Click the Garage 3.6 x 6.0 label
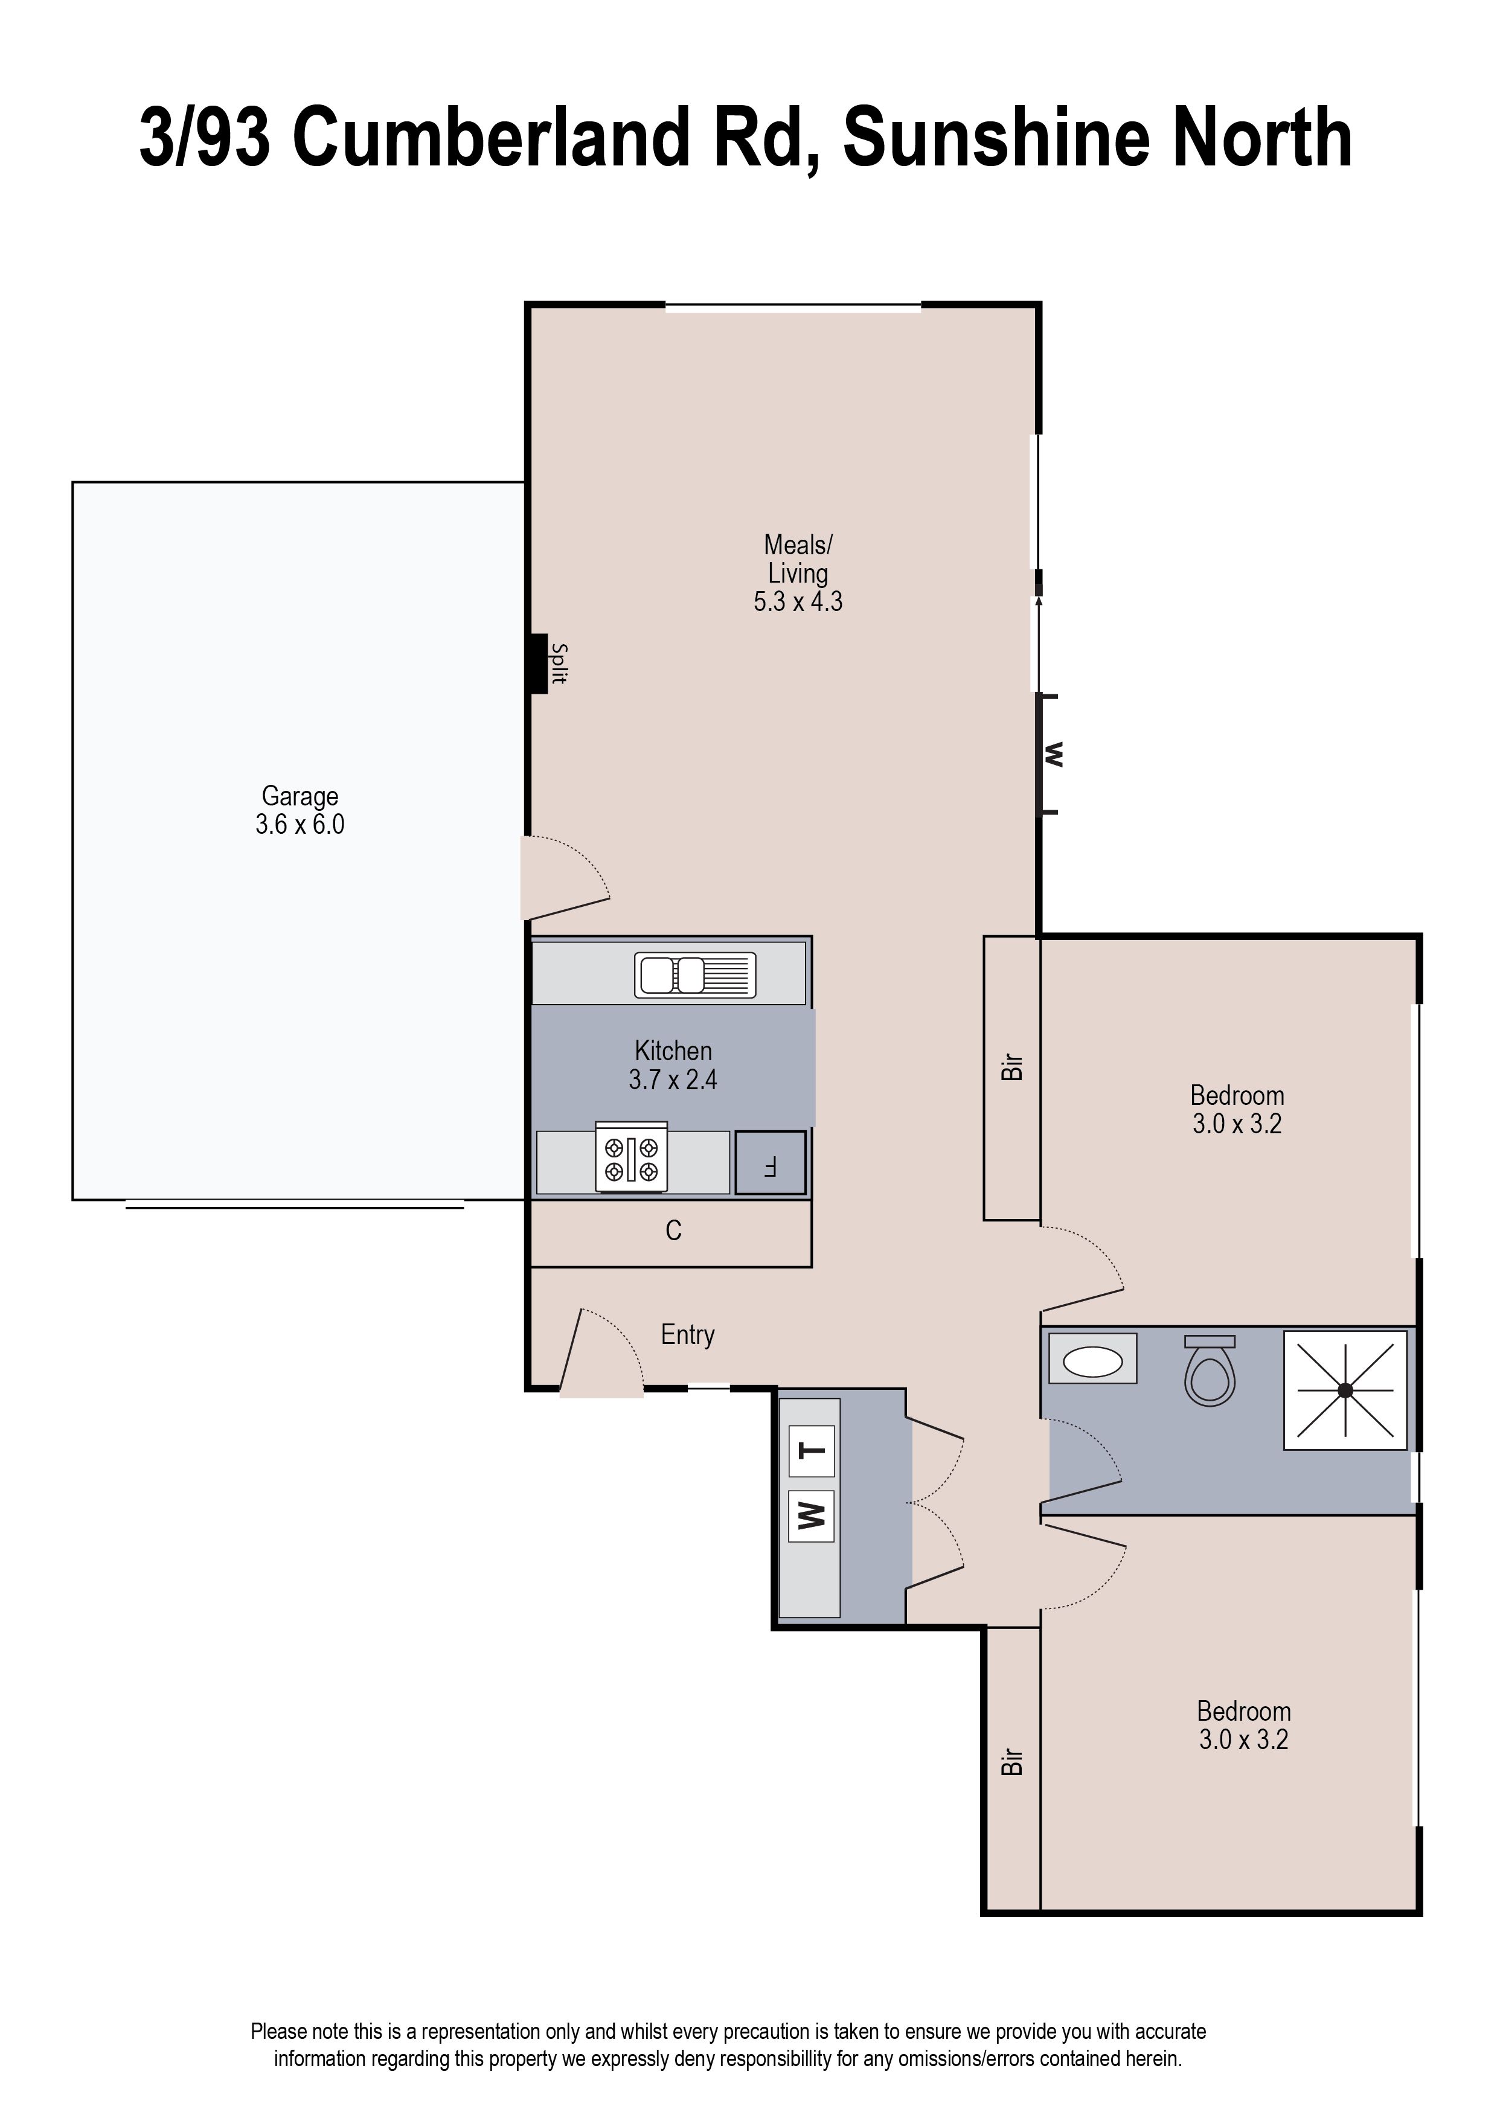pyautogui.click(x=300, y=810)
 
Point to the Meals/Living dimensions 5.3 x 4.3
pyautogui.click(x=798, y=602)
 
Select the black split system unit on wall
pyautogui.click(x=539, y=663)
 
